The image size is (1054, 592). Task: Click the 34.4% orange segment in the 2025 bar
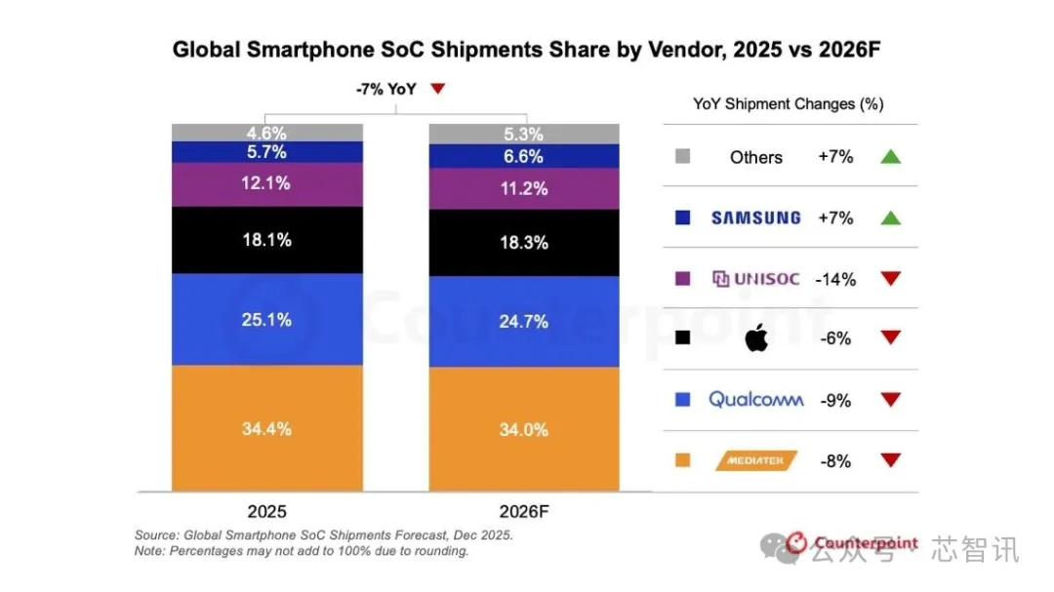click(266, 428)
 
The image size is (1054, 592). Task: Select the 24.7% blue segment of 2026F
click(524, 321)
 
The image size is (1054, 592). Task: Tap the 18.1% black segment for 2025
click(266, 240)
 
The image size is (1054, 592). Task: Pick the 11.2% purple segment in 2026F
click(524, 189)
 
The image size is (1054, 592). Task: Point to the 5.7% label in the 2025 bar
click(266, 152)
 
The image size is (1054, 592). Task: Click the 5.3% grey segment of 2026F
click(524, 134)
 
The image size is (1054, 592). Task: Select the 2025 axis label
click(267, 510)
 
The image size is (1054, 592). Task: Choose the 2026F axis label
click(524, 510)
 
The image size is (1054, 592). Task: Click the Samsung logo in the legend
click(755, 217)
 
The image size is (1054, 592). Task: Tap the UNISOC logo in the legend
click(755, 279)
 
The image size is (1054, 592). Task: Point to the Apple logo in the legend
click(757, 339)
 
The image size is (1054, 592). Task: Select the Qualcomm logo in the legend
click(755, 399)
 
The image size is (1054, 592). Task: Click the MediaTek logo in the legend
click(756, 460)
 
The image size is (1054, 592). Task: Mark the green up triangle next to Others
click(890, 157)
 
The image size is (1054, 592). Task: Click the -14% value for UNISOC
click(835, 279)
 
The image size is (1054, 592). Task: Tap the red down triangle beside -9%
click(890, 400)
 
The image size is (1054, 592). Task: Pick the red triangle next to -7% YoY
click(438, 89)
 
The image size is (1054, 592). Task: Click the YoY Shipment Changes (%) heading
click(788, 104)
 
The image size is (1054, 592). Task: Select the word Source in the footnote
click(155, 535)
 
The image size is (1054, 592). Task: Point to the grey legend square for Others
click(683, 156)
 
